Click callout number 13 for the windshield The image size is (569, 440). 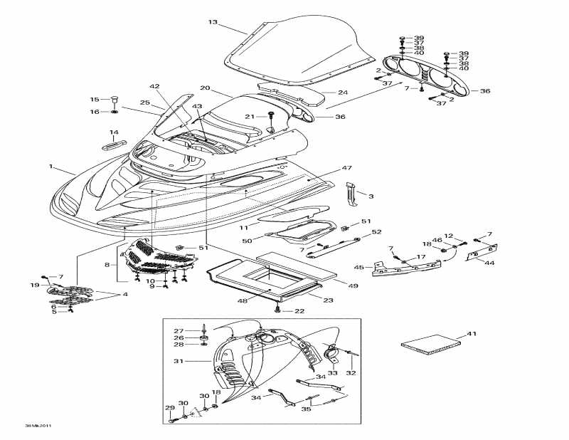(212, 22)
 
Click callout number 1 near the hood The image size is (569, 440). (51, 167)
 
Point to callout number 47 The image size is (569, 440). (346, 168)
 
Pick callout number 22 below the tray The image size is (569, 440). (299, 310)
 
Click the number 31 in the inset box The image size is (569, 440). (179, 362)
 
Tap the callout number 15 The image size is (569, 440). (94, 100)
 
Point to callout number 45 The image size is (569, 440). (359, 268)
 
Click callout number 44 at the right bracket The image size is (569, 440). (489, 262)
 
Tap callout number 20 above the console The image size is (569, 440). (205, 88)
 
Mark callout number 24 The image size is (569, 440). (342, 93)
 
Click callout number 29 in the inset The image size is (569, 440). (169, 408)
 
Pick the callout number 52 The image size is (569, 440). (377, 232)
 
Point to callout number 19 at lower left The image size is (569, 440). (35, 286)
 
